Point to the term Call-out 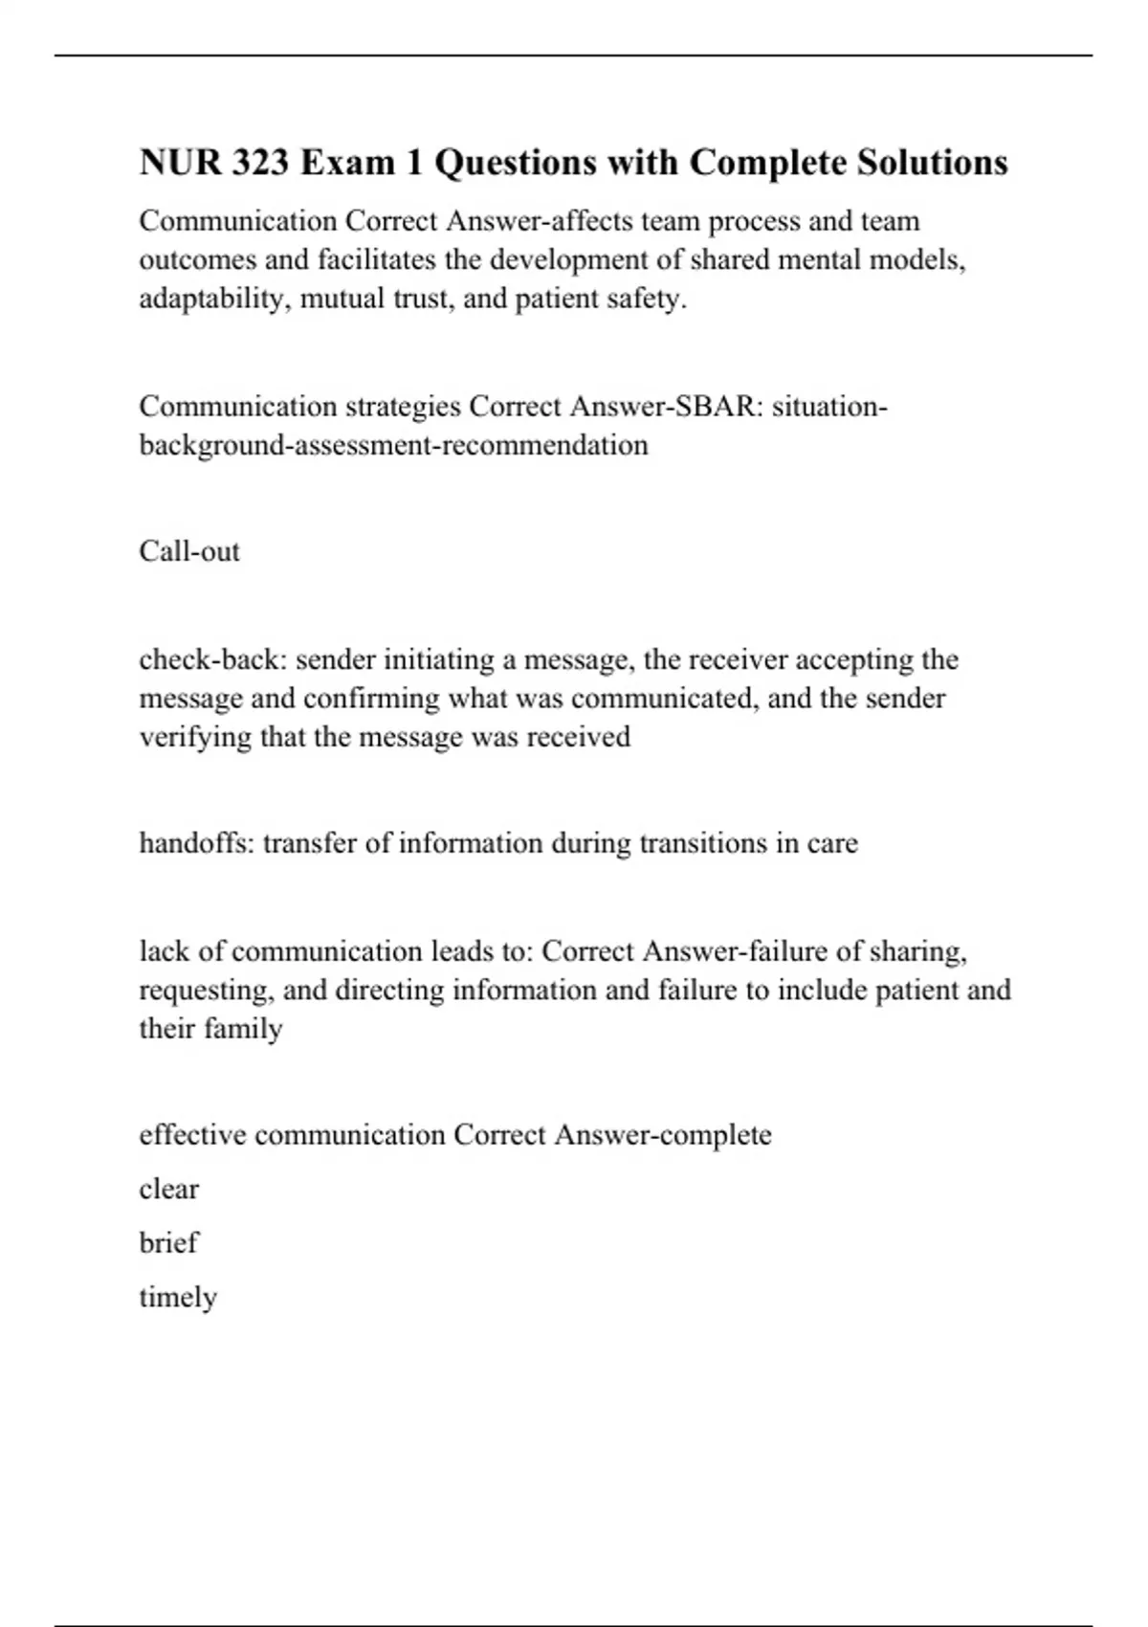click(189, 551)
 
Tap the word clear click(169, 1189)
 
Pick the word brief click(168, 1242)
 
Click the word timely click(178, 1298)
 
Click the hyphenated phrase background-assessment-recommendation click(393, 445)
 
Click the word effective click(193, 1135)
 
